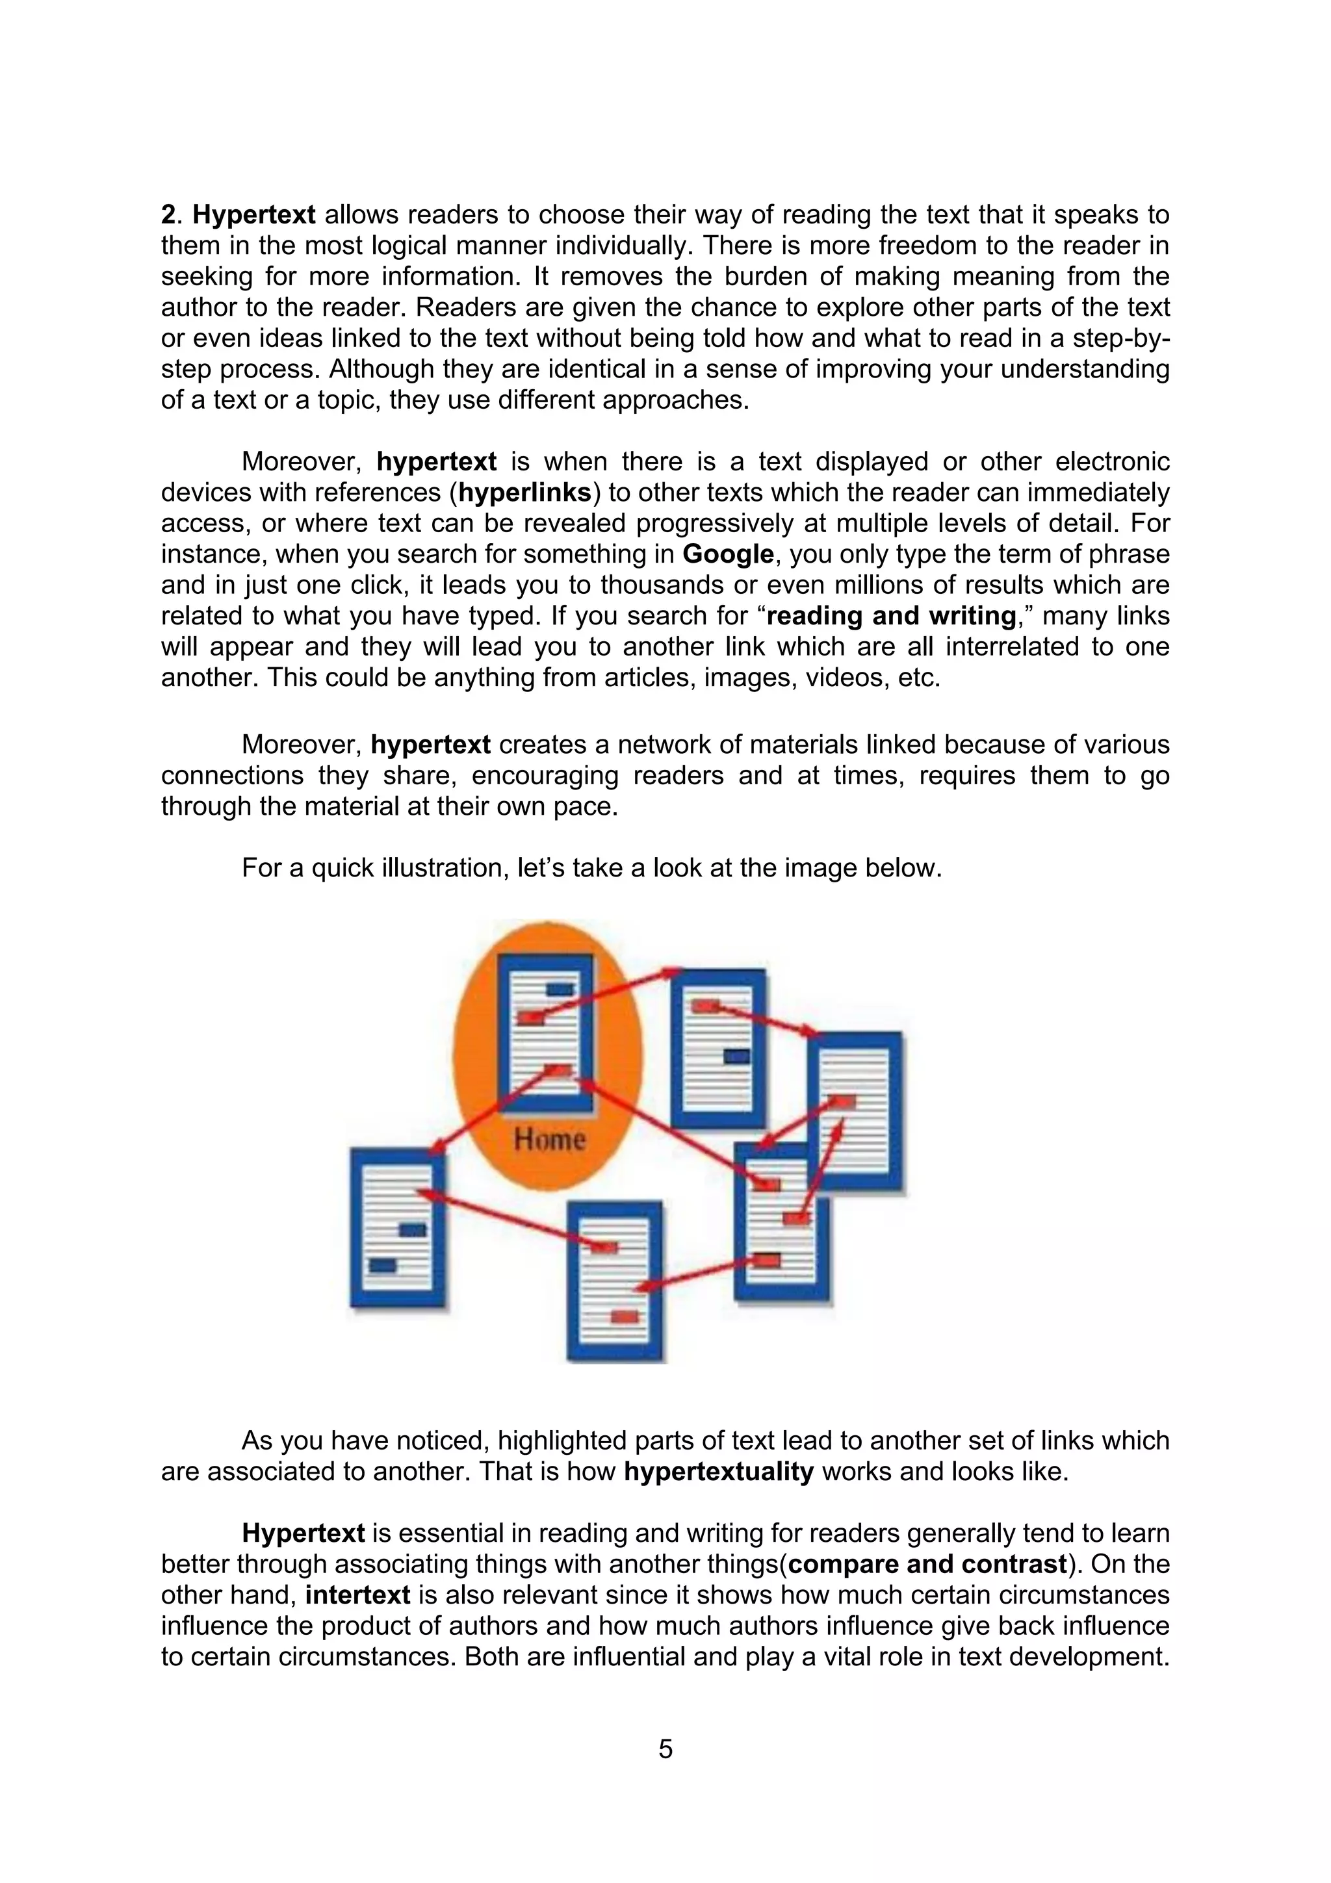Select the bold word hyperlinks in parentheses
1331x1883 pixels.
[524, 493]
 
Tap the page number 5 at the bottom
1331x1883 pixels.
[665, 1749]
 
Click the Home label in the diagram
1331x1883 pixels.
[549, 1139]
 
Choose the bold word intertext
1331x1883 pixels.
[357, 1595]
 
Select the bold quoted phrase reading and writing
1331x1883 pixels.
[890, 616]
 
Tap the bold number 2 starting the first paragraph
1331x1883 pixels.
[168, 215]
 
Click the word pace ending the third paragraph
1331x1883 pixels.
[586, 806]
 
